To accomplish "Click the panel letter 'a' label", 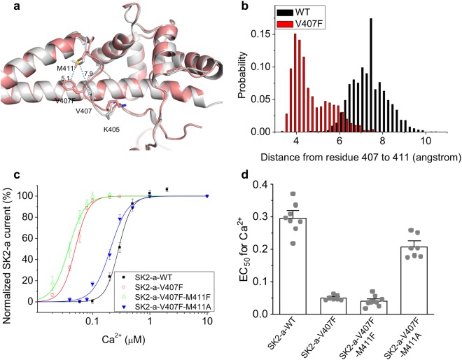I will (6, 8).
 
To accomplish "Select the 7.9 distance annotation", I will (88, 74).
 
